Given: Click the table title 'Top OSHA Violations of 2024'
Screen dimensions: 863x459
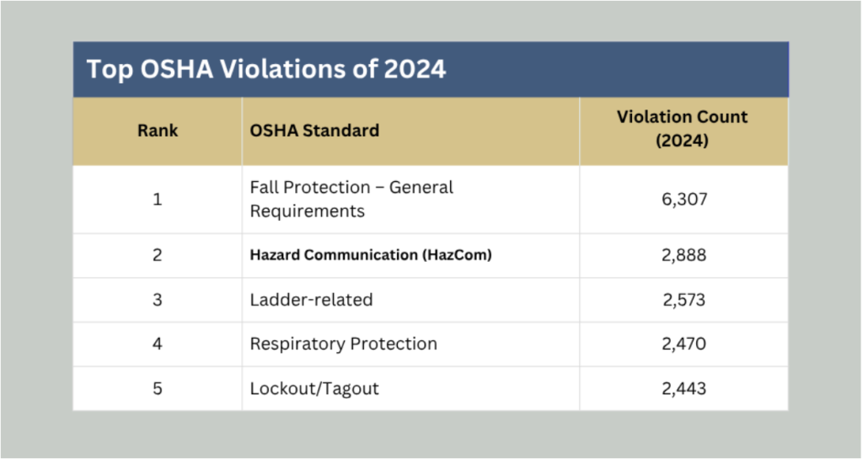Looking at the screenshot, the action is coord(265,69).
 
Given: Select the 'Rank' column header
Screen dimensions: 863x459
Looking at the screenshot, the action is coord(158,131).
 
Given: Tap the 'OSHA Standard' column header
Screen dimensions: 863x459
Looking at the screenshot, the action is coord(314,131).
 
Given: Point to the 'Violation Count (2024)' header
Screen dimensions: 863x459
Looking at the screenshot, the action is coord(682,129).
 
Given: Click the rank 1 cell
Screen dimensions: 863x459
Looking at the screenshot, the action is coord(158,199).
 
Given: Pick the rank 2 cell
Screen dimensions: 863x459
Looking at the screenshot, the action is coord(158,255).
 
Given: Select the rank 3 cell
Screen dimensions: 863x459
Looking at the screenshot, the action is coord(158,300).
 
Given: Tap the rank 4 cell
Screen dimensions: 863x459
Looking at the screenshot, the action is coord(158,344).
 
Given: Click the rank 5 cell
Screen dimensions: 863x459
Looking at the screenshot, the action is coord(158,388).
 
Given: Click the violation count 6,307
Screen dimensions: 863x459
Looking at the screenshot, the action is coord(684,199).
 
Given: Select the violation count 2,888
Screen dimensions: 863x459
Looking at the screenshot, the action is coord(684,255).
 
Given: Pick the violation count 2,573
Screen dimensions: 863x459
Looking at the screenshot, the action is coord(684,300).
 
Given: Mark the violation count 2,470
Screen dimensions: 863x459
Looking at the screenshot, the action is coord(684,344).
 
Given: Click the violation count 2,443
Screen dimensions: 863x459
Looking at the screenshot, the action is coord(684,388).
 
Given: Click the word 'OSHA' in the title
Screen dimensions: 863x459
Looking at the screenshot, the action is coord(177,69).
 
